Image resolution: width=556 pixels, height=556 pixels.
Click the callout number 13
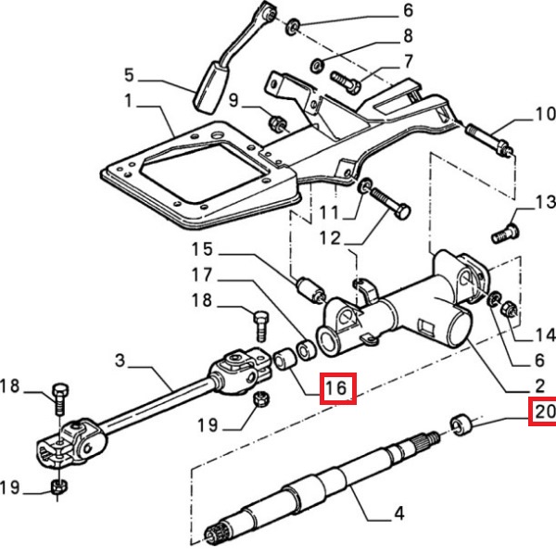coord(543,202)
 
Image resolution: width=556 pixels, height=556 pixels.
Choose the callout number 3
coord(120,358)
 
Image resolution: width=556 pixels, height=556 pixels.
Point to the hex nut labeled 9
coord(276,120)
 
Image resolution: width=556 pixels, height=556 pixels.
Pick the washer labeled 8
coord(316,65)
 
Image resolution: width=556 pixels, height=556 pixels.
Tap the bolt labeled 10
coord(488,139)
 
